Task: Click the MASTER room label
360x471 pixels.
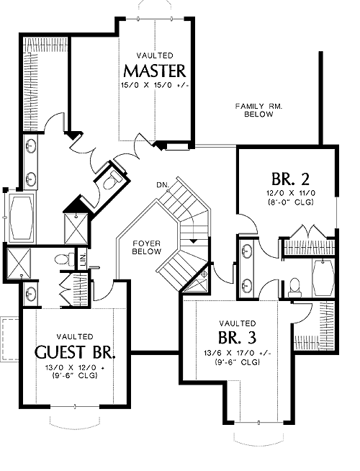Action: coord(155,71)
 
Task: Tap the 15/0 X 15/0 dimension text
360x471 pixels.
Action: coord(155,85)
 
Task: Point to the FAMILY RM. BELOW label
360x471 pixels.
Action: coord(258,110)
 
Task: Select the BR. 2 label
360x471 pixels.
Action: coord(290,179)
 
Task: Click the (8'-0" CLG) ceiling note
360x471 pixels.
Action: coord(290,202)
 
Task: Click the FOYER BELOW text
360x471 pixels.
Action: coord(147,247)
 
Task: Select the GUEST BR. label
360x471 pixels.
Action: coord(75,352)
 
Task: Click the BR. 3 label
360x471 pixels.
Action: coord(237,337)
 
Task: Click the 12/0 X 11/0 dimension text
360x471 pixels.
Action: coord(290,193)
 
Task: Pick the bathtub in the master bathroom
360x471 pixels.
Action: coord(21,216)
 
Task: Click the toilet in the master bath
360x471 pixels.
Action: coord(112,180)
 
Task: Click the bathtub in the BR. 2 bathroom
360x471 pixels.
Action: coord(323,277)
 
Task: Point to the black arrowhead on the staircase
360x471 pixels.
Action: coord(194,241)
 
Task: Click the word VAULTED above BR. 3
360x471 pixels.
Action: coord(238,323)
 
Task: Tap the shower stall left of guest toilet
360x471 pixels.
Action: coord(18,263)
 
